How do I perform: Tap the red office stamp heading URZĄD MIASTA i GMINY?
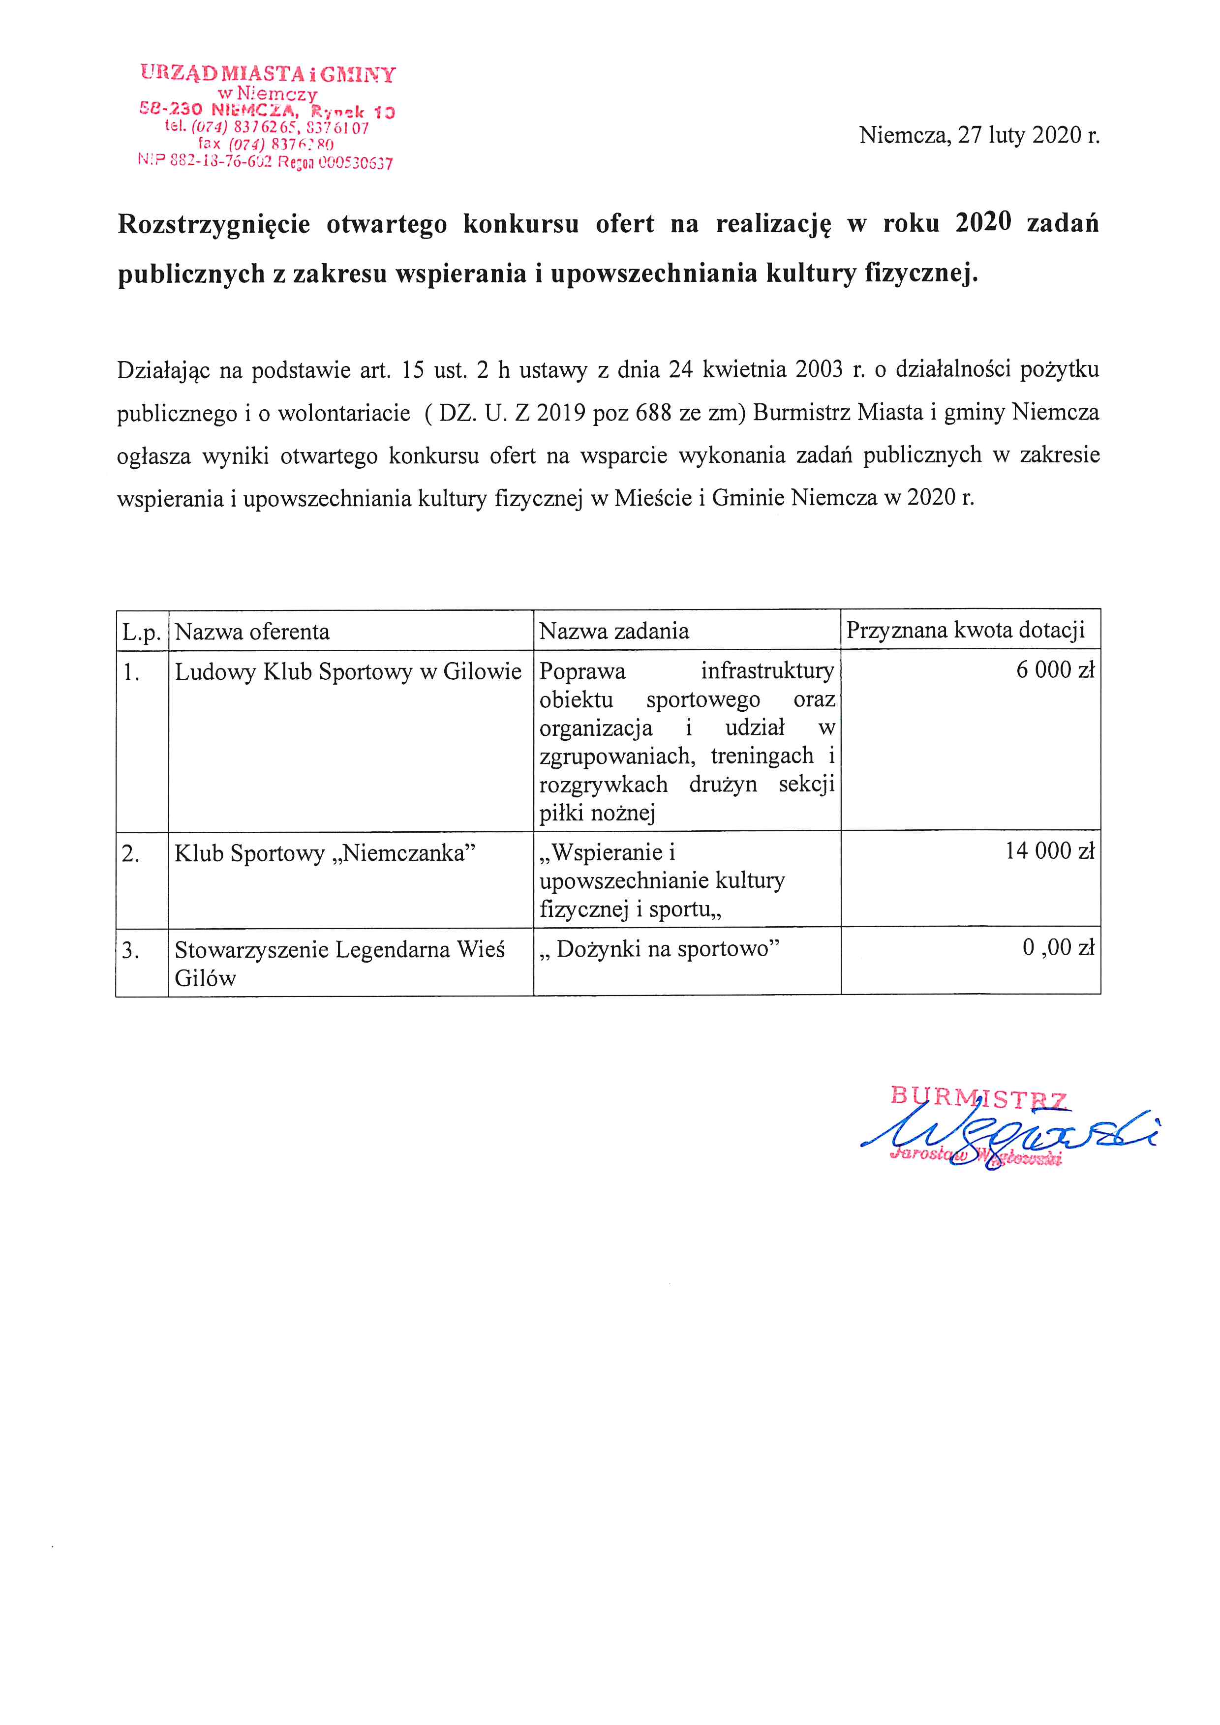coord(268,74)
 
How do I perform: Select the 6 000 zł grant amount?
coord(1055,669)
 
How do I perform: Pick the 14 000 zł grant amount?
coord(1049,850)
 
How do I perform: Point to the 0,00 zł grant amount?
coord(1058,947)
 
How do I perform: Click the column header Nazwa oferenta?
coord(252,631)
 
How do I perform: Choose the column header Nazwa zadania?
coord(614,631)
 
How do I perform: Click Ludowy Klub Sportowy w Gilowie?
coord(348,671)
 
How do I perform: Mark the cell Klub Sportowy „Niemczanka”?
coord(325,853)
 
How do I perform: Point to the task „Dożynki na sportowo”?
coord(659,949)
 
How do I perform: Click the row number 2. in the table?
coord(131,853)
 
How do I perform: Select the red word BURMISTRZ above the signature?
coord(978,1098)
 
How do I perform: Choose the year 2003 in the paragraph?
coord(819,370)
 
